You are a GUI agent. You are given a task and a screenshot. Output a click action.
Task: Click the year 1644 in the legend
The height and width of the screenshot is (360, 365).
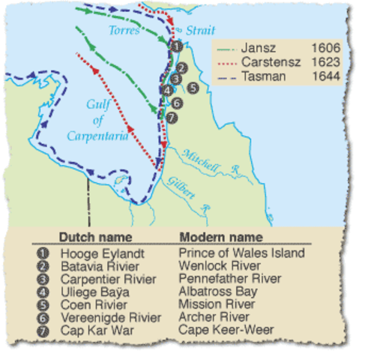pos(326,76)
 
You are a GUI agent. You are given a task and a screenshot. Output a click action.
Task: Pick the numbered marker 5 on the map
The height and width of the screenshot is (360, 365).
pos(193,87)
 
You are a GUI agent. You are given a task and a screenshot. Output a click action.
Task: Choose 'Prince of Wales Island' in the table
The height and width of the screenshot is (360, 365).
pos(242,253)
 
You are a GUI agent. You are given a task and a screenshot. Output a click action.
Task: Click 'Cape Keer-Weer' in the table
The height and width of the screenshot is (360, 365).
pos(220,329)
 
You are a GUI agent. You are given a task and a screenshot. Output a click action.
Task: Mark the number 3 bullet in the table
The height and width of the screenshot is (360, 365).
pos(40,278)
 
